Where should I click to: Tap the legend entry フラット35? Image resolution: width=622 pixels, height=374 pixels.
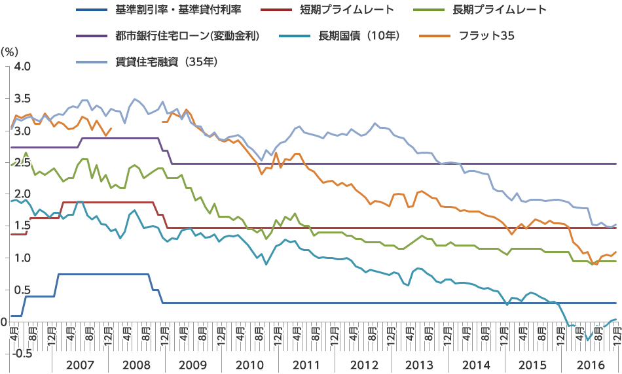tap(488, 36)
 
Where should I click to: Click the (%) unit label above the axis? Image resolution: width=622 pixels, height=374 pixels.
tap(10, 50)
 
